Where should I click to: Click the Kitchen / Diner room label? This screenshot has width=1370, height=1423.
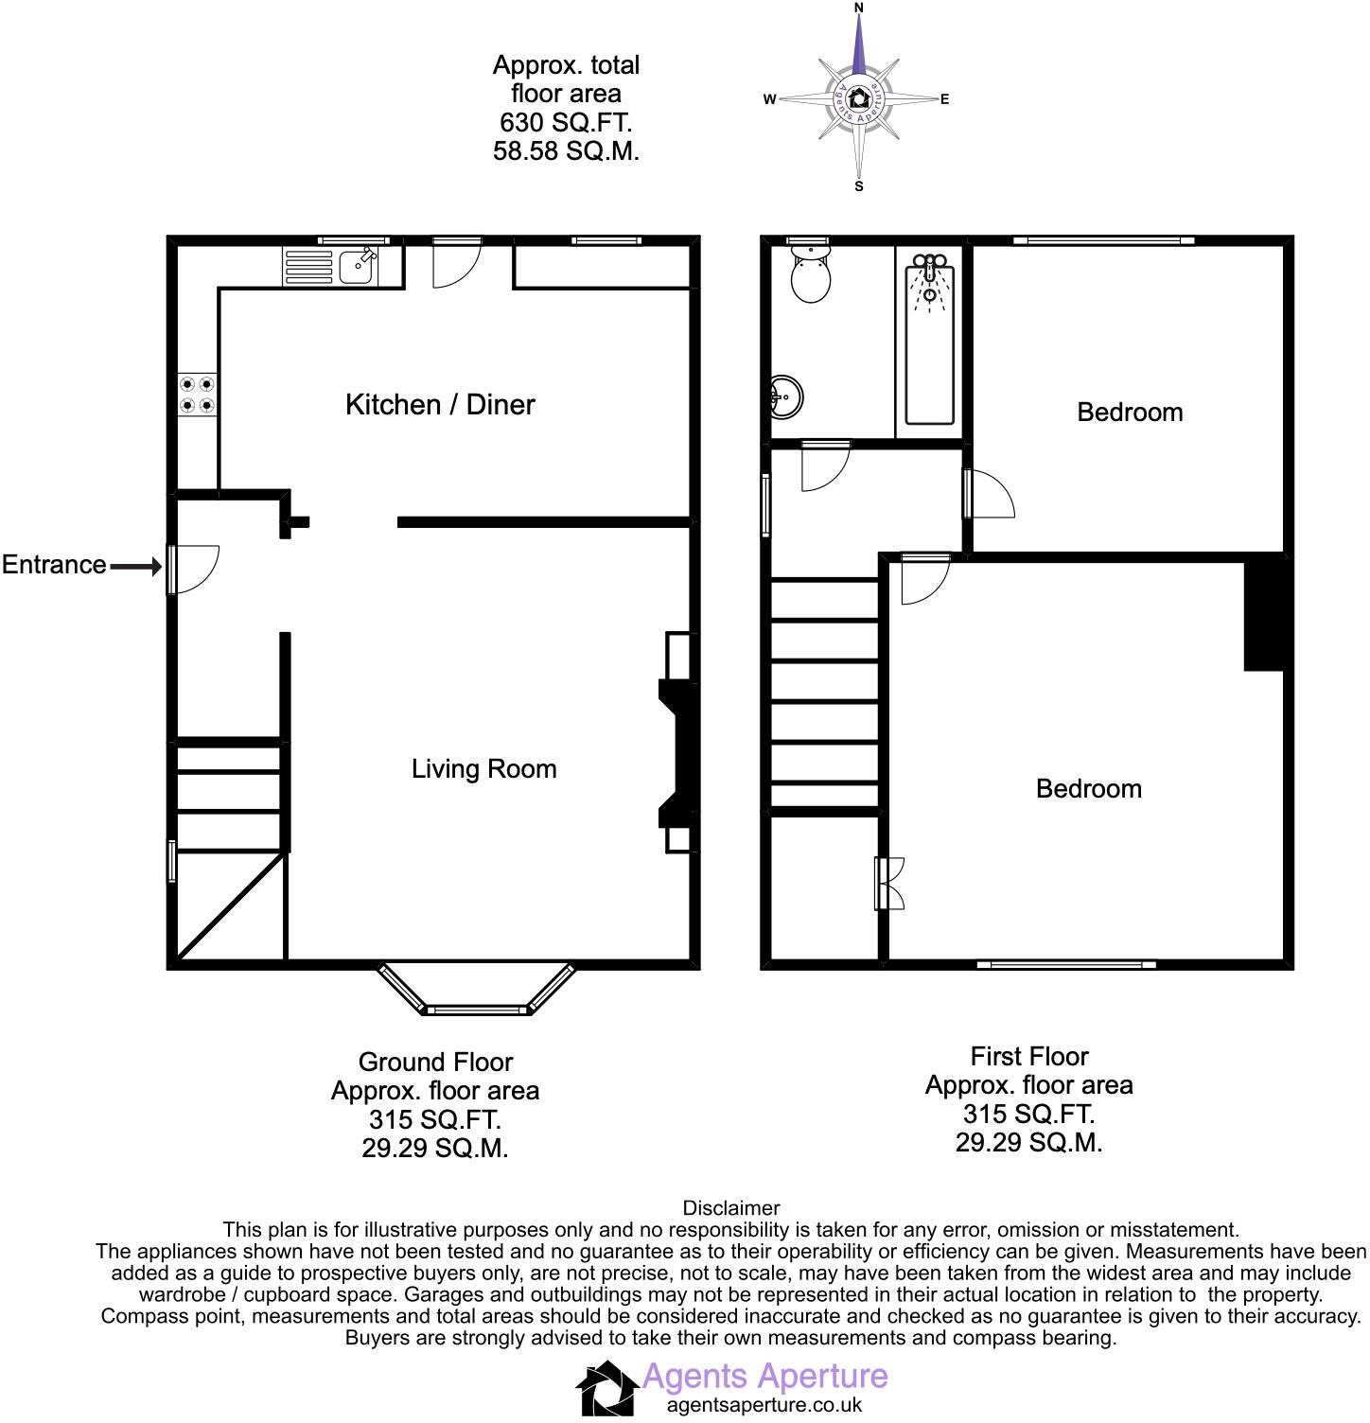click(440, 405)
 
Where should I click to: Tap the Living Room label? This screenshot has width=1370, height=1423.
click(483, 769)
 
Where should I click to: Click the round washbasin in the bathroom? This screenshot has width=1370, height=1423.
click(786, 396)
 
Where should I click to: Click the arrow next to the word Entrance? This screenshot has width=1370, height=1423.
click(136, 567)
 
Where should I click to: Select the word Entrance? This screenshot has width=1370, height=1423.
click(54, 565)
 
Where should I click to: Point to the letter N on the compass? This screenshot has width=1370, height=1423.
click(859, 9)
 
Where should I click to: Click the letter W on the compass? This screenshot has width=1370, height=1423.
click(770, 99)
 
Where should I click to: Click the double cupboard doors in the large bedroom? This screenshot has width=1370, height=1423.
click(888, 883)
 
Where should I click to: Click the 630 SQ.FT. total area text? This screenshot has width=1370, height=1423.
click(566, 122)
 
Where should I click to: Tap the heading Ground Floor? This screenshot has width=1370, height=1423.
click(435, 1062)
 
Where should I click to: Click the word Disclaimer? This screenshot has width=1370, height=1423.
click(730, 1208)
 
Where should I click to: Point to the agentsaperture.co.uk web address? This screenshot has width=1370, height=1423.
click(764, 1405)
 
